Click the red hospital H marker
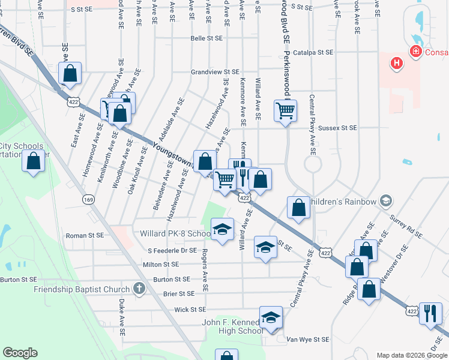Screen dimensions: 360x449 tap(396, 62)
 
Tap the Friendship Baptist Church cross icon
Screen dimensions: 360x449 tap(139, 289)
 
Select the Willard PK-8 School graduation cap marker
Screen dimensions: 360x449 tap(222, 229)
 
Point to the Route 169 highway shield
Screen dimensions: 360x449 tap(88, 199)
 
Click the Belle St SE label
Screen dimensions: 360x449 tap(206, 37)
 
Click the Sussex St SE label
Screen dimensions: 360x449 tap(337, 128)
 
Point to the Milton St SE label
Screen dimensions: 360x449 tap(161, 264)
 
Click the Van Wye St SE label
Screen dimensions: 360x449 tap(307, 339)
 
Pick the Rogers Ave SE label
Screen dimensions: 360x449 tap(205, 270)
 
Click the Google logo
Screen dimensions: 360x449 tap(20, 353)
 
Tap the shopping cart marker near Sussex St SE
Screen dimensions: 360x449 tap(285, 110)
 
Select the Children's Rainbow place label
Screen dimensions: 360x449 tap(343, 201)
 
